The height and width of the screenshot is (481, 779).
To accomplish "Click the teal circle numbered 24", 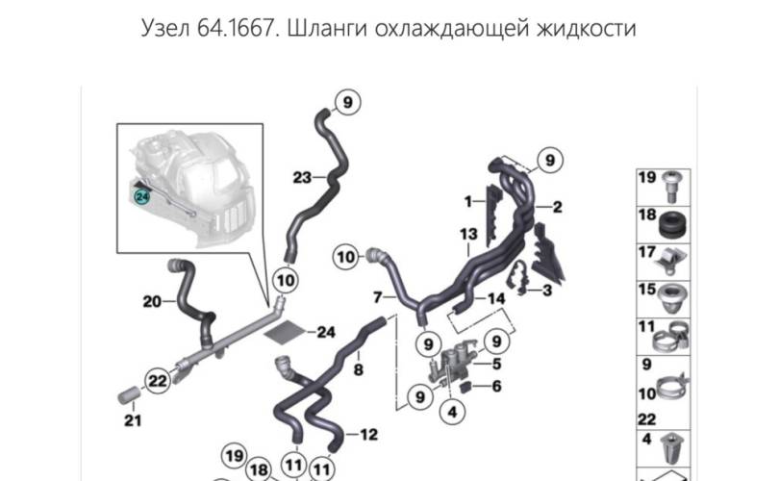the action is (142, 197).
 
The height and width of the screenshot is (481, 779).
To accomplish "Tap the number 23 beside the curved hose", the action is (302, 177).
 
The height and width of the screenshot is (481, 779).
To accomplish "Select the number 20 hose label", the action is (152, 301).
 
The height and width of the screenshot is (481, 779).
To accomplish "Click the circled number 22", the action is (158, 381).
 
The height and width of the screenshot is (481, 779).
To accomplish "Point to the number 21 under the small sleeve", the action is (133, 420).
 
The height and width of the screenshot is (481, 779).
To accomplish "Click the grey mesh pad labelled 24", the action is (284, 331).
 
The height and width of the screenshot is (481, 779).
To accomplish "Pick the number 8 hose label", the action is (358, 369).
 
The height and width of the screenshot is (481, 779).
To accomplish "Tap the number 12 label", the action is (368, 434).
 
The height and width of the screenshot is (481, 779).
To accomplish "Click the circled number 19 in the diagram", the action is (235, 456).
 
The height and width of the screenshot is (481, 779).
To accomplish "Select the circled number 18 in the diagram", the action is (259, 469).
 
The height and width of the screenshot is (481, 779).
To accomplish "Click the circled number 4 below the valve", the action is (452, 412).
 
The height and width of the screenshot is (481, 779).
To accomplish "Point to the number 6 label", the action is (496, 386).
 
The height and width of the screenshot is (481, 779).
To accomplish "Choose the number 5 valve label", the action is (496, 364).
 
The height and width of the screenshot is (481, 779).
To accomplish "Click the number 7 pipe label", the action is (378, 297).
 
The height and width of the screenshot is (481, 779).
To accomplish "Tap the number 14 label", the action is (496, 298).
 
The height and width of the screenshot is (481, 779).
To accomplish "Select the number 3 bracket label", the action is (547, 290).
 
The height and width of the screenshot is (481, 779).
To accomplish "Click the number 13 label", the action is (468, 234).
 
